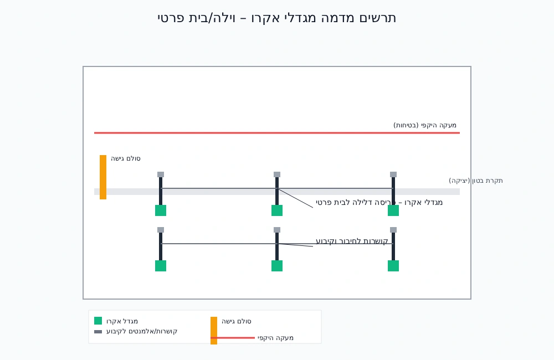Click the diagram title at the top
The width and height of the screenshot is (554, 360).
276,18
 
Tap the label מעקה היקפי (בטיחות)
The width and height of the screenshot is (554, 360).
425,125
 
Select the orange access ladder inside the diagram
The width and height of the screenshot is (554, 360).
103,177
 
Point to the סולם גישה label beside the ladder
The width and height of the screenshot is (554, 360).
126,158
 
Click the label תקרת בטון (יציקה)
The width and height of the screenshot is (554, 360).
476,181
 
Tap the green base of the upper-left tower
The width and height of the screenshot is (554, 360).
161,210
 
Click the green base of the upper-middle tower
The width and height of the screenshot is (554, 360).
277,210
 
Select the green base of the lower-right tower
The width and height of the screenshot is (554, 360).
393,266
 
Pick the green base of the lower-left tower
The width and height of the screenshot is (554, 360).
161,266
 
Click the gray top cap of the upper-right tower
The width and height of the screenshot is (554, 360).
393,174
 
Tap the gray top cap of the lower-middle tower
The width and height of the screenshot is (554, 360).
277,230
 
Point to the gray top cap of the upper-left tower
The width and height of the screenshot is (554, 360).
161,174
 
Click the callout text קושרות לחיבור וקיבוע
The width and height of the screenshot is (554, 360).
352,241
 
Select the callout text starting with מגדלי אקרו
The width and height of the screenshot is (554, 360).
379,203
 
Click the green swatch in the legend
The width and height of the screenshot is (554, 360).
98,321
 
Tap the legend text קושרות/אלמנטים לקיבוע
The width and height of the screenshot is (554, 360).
142,331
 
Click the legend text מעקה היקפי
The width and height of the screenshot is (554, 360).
275,338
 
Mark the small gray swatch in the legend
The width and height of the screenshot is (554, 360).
98,332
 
